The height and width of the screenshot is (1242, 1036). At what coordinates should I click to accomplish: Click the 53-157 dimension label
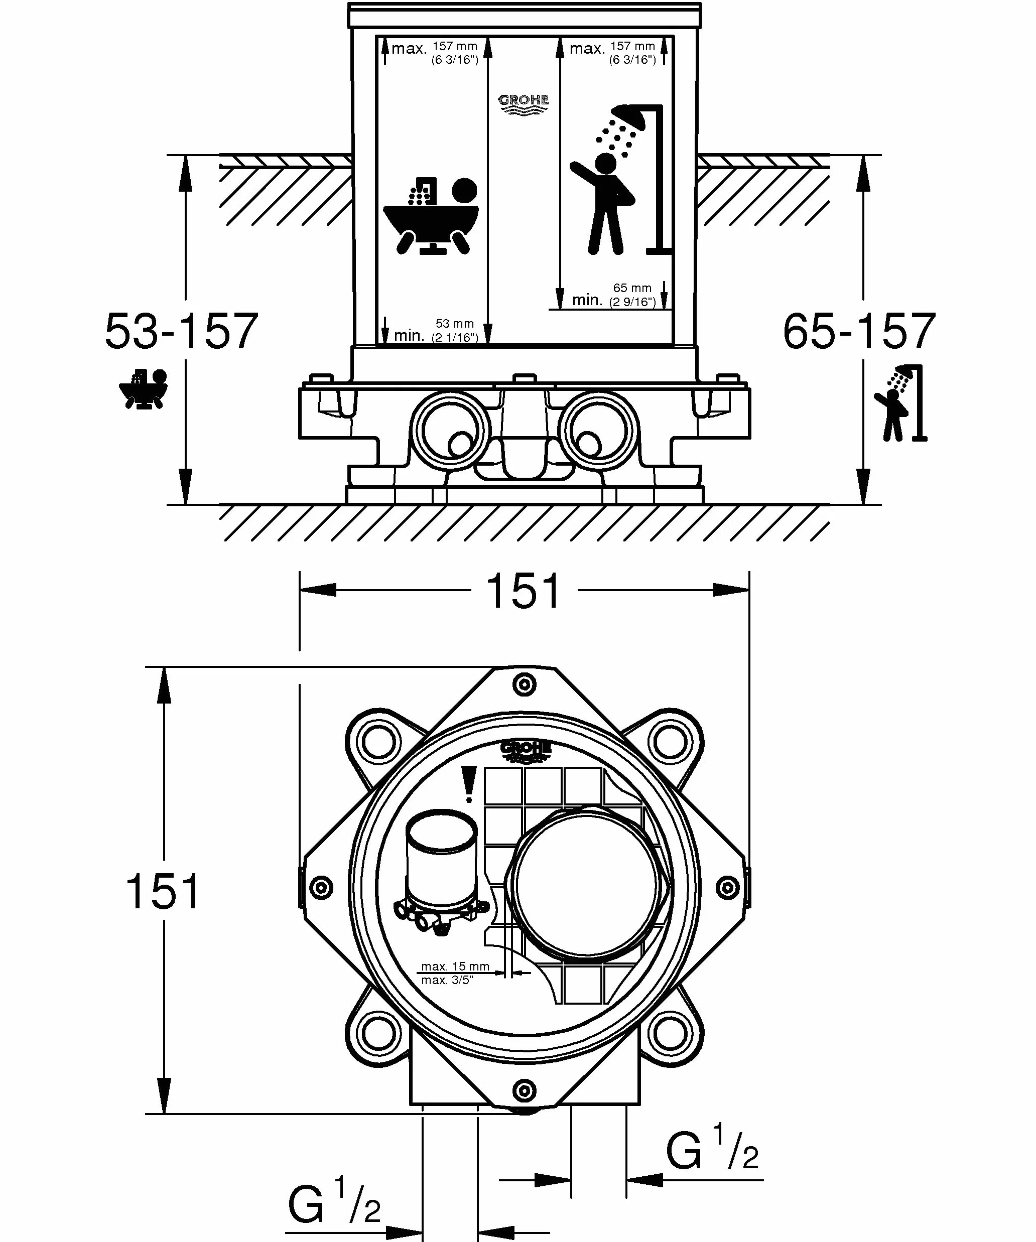click(x=182, y=331)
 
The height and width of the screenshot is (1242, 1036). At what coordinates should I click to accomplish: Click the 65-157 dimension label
click(x=859, y=331)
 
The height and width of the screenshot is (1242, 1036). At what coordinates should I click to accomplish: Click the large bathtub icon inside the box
click(x=431, y=216)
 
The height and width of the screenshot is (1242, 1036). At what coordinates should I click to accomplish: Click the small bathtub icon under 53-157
click(x=144, y=388)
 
